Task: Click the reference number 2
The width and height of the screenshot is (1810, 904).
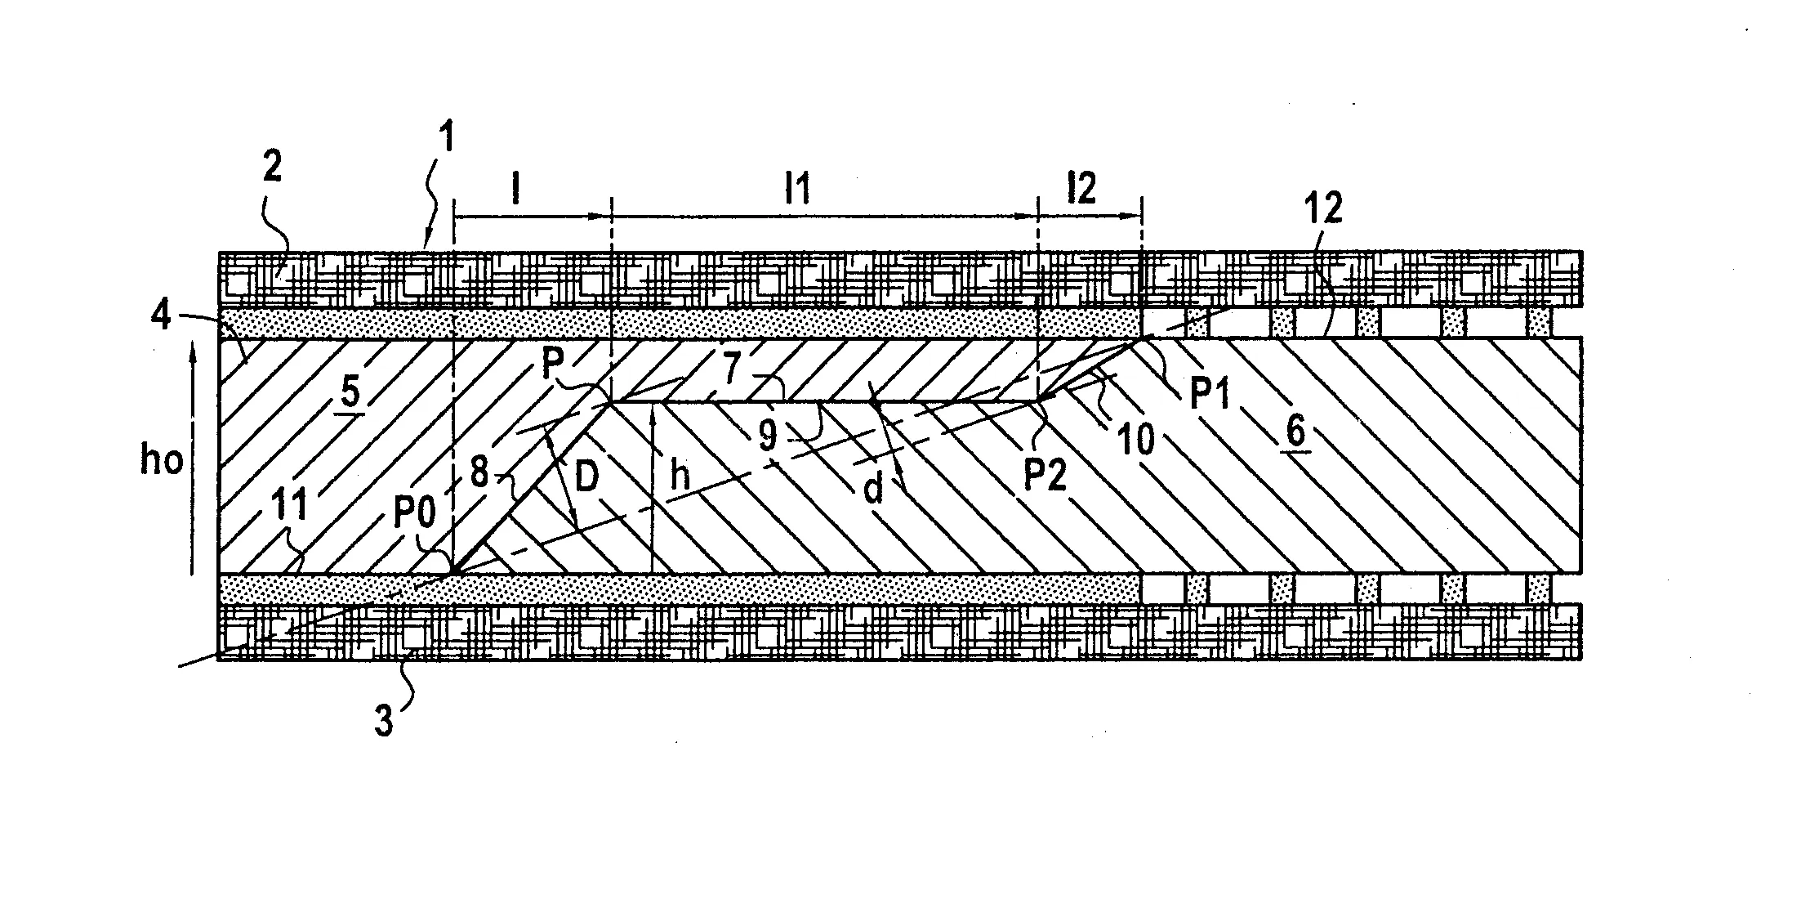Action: click(272, 168)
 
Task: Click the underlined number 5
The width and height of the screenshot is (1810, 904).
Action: click(350, 393)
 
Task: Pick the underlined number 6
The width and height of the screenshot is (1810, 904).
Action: click(1296, 432)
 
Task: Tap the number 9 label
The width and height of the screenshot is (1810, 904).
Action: click(767, 436)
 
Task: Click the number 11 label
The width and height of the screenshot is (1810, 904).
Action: click(289, 505)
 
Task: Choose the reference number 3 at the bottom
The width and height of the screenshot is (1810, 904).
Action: click(383, 722)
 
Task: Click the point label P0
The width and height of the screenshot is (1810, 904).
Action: click(414, 512)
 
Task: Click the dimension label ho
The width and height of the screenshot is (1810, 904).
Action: click(162, 460)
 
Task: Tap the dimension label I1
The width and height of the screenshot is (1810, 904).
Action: click(796, 190)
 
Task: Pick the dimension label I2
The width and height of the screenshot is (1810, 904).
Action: click(1081, 190)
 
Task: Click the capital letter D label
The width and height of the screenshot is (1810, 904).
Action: click(587, 478)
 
